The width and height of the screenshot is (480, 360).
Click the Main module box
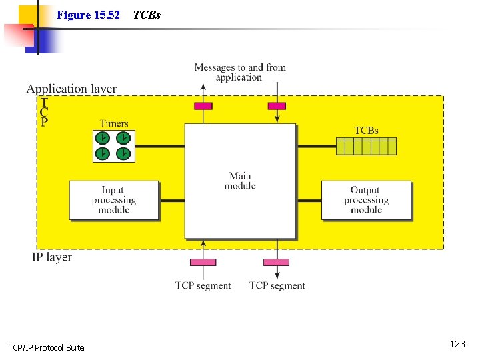[x=240, y=181]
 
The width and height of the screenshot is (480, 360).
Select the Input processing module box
[x=114, y=200]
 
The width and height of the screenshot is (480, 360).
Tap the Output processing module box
[x=365, y=200]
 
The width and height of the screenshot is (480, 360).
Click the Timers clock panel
[x=113, y=146]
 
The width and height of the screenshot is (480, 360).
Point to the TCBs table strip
[x=366, y=146]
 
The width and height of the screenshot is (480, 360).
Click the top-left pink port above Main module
[x=203, y=106]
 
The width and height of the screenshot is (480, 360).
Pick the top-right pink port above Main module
[x=277, y=106]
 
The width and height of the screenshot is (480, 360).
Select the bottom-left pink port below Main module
[x=203, y=262]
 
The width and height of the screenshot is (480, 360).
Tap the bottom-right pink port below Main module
[x=277, y=262]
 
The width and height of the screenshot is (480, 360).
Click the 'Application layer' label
[x=71, y=89]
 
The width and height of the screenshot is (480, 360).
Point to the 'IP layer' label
[x=52, y=257]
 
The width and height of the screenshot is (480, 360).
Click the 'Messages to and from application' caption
[x=240, y=72]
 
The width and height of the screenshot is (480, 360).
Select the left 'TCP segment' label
[x=203, y=285]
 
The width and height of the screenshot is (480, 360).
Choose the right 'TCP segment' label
[x=277, y=285]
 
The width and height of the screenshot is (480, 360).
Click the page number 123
[x=457, y=344]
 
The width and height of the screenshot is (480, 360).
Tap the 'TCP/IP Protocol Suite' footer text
[x=46, y=347]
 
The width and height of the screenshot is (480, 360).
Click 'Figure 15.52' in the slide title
[x=88, y=15]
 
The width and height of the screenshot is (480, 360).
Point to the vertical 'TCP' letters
[x=44, y=113]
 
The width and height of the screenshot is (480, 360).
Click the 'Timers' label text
[x=114, y=123]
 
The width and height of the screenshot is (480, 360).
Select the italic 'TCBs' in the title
[x=147, y=15]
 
